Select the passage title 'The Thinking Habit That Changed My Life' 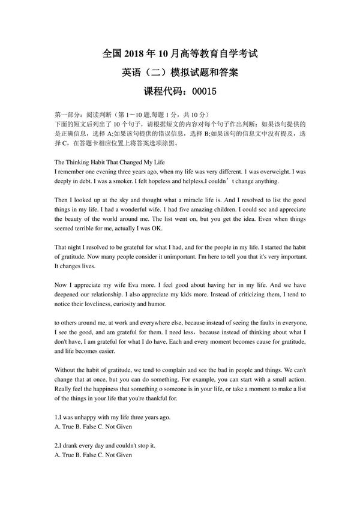point(109,162)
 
